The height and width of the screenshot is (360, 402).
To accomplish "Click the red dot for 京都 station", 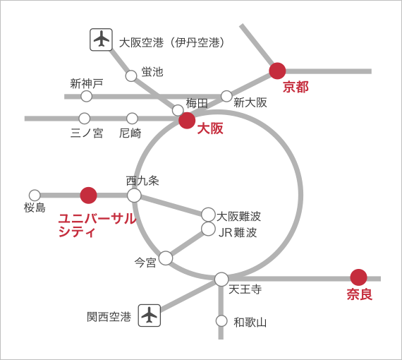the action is [277, 71].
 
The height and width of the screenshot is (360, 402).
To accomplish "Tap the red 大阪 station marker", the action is [187, 120].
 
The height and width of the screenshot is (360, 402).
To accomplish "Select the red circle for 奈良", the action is [358, 277].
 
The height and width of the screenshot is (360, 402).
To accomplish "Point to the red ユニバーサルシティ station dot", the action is [88, 196].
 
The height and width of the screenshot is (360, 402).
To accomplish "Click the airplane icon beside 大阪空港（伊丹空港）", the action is [101, 40].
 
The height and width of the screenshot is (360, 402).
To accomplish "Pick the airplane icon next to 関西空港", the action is [150, 316].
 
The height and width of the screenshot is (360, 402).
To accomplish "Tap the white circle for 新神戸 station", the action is [87, 96].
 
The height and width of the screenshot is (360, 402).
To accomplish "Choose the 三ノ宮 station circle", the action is [85, 119].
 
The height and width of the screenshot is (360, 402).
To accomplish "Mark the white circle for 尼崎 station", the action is [132, 119].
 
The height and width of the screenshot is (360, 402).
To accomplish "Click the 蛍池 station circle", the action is [131, 76].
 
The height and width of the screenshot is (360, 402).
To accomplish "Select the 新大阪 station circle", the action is [226, 96].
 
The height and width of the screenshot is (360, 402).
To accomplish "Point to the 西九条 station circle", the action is [134, 196].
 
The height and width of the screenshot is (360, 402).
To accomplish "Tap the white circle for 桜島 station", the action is [35, 196].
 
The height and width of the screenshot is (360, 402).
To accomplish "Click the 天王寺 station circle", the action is [221, 279].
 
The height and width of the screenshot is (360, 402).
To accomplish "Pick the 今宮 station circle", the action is [166, 258].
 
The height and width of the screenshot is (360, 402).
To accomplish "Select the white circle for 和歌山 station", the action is [221, 320].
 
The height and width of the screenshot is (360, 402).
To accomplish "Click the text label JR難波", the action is [237, 232].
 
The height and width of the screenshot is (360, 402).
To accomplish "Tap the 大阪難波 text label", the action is [238, 216].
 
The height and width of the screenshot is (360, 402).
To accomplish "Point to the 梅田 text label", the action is [197, 103].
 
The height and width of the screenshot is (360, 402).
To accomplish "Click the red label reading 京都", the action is [296, 87].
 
